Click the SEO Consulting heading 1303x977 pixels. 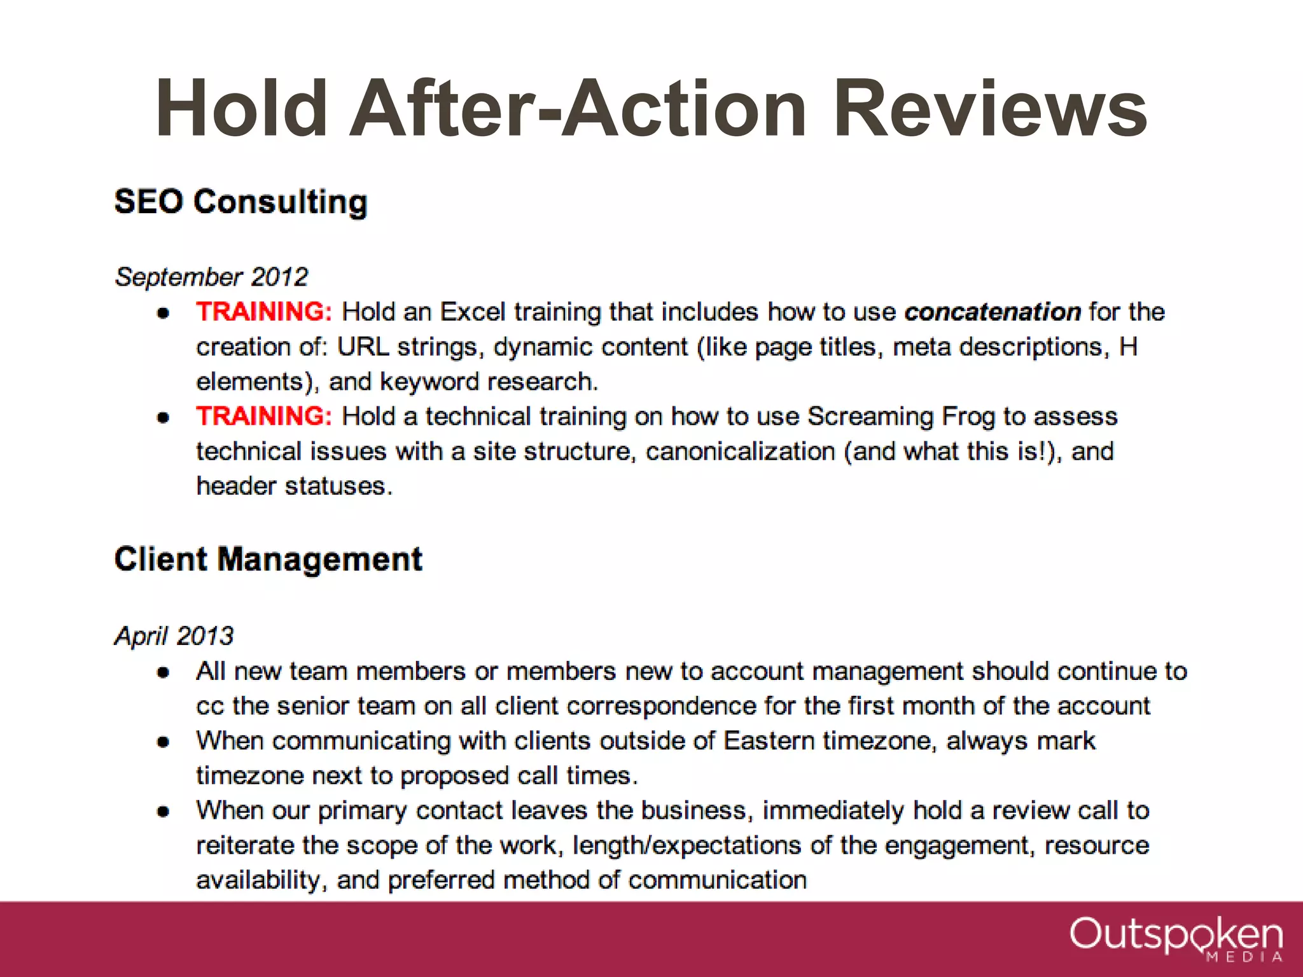click(x=240, y=202)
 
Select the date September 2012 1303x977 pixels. click(x=211, y=277)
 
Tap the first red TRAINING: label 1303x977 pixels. click(x=264, y=312)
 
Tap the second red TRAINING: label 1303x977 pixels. click(x=264, y=416)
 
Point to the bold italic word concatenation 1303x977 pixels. click(x=993, y=312)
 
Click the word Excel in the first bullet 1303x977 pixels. click(x=473, y=312)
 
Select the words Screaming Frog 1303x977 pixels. click(x=901, y=416)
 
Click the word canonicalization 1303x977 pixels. click(x=740, y=451)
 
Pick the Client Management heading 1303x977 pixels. click(x=268, y=560)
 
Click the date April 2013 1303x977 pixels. click(x=174, y=635)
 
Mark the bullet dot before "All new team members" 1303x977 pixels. click(x=164, y=672)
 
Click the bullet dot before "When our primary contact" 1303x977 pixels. click(x=164, y=812)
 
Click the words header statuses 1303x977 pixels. click(x=293, y=486)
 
